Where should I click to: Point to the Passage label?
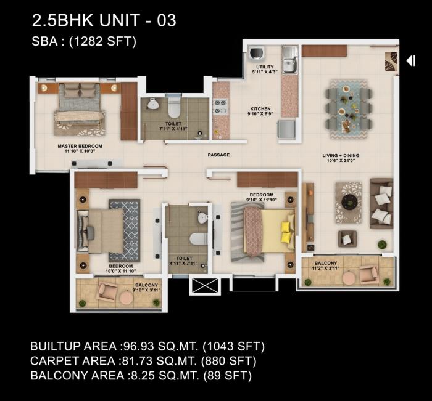pos(218,155)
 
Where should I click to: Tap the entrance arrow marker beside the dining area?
pos(410,60)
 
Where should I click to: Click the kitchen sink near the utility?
pos(289,64)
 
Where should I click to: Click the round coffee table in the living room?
pos(349,202)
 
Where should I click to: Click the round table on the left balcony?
pos(127,297)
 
